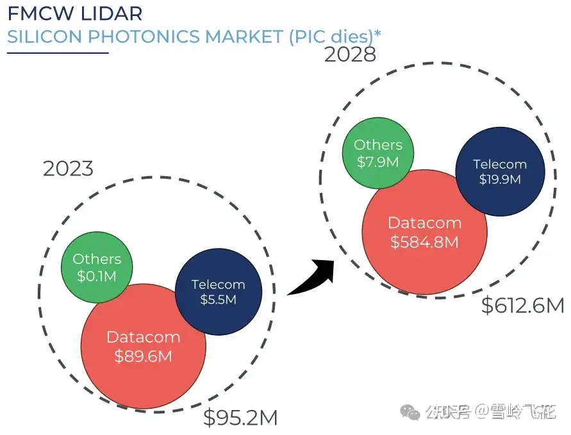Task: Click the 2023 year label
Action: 68,169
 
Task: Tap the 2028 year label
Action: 350,54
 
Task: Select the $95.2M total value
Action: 240,418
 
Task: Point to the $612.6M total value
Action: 522,306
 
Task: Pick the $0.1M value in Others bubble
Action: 96,276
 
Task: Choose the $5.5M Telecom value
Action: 218,299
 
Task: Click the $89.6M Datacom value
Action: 143,356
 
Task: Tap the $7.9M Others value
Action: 378,161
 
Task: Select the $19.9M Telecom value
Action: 500,179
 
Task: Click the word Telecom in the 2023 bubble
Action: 218,284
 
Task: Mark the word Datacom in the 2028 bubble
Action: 424,223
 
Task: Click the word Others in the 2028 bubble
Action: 378,145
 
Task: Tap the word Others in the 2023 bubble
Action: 96,259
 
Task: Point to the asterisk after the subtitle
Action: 377,32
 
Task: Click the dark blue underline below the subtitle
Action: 58,53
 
